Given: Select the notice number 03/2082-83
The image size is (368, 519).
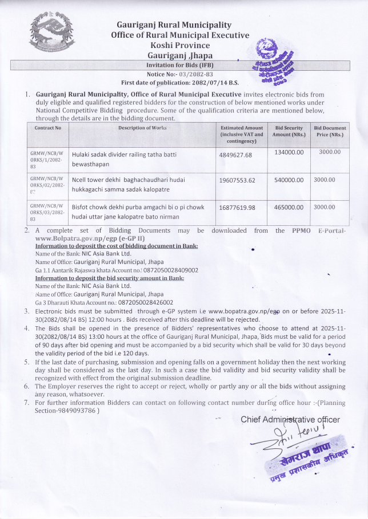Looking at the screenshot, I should click(197, 74).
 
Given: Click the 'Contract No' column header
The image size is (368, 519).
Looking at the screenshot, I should click(48, 128).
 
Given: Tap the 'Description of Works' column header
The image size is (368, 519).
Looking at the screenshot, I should click(142, 128).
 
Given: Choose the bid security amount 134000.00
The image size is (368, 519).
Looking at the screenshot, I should click(289, 152).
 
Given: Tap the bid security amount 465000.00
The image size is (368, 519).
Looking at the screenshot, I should click(289, 207).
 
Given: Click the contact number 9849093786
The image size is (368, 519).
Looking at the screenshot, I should click(76, 411).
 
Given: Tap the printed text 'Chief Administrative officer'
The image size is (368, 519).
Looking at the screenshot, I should click(290, 420).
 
